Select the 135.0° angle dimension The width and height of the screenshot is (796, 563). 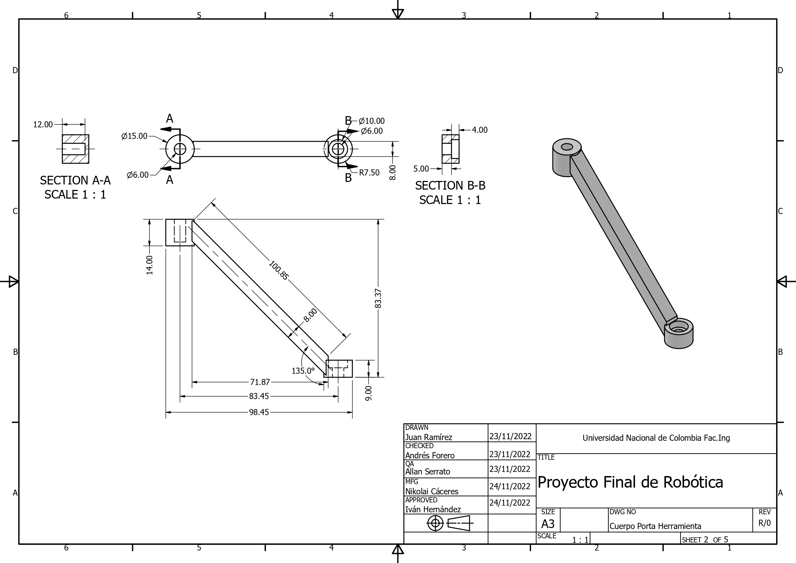pos(303,371)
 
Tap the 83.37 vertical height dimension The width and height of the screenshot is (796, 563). pos(378,298)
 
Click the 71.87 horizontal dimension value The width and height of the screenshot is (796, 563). pos(260,382)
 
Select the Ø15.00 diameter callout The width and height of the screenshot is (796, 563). pos(134,136)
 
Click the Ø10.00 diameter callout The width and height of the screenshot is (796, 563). pos(371,121)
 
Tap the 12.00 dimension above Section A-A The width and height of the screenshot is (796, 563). pos(43,124)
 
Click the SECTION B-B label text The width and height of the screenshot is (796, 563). pos(450,186)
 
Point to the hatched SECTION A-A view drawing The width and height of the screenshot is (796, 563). pos(76,149)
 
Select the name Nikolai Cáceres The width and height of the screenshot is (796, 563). pos(432,491)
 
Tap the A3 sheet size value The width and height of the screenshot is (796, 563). pos(548,524)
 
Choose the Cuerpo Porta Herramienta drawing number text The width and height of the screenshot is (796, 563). pos(655,526)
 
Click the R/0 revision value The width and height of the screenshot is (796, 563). pos(765,523)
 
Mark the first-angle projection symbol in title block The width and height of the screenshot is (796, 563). pos(450,523)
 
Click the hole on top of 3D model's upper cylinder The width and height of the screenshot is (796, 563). pos(566,147)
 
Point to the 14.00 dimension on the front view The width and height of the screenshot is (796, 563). pos(149,265)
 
